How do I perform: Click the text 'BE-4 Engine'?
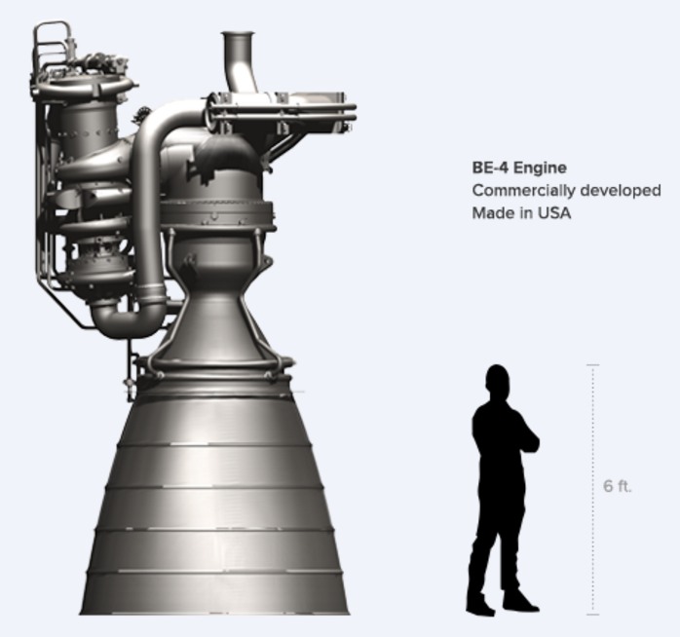[x=518, y=168]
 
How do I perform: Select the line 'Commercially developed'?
[x=566, y=190]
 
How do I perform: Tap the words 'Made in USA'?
[x=521, y=212]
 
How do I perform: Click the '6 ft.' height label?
[x=618, y=486]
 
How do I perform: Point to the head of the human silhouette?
[x=497, y=380]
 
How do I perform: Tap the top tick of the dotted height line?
[x=592, y=365]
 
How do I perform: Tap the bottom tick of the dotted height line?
[x=592, y=615]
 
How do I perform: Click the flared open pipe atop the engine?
[x=238, y=49]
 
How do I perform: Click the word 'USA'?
[x=553, y=212]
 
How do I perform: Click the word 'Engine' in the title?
[x=541, y=168]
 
